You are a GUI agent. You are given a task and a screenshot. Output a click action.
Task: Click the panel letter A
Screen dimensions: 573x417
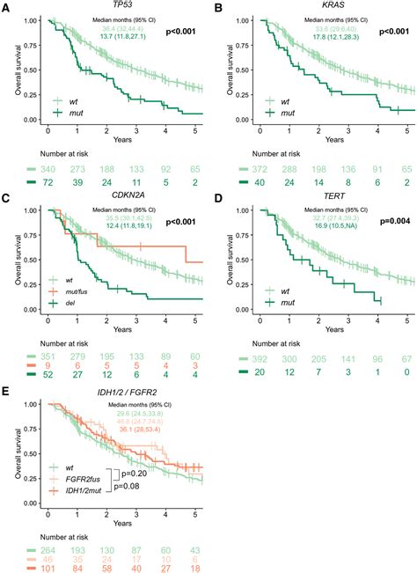click(6, 7)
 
